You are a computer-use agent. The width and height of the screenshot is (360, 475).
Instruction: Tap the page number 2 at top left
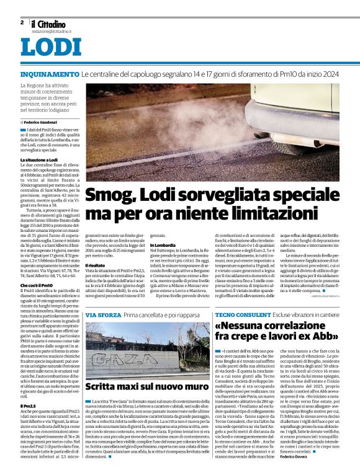(x=22, y=22)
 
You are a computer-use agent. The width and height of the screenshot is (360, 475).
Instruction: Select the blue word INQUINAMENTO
(x=49, y=74)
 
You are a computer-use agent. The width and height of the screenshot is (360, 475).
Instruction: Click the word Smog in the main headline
(x=109, y=196)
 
